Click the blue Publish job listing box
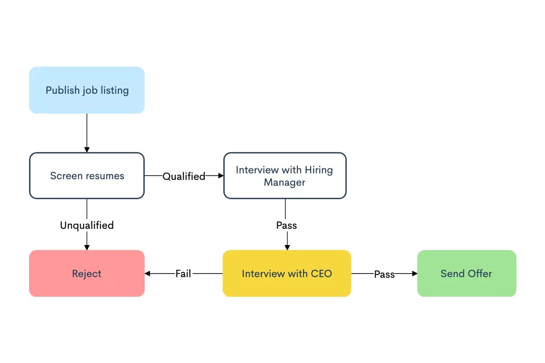click(87, 90)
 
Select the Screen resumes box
click(87, 176)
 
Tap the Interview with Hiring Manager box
click(285, 176)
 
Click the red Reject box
click(87, 274)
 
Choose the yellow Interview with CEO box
click(287, 274)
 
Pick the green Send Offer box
click(466, 274)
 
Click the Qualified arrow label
click(184, 176)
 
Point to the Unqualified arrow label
click(87, 225)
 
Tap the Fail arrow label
click(183, 274)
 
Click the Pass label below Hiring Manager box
click(287, 225)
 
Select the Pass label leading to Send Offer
click(384, 274)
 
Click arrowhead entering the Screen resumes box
click(87, 149)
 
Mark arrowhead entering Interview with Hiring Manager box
click(221, 176)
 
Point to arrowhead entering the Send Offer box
click(414, 274)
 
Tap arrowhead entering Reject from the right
click(148, 274)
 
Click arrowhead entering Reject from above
click(87, 247)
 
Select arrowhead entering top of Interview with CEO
click(287, 247)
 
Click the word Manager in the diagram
click(284, 182)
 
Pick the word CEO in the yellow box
click(321, 274)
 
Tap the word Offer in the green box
click(481, 274)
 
